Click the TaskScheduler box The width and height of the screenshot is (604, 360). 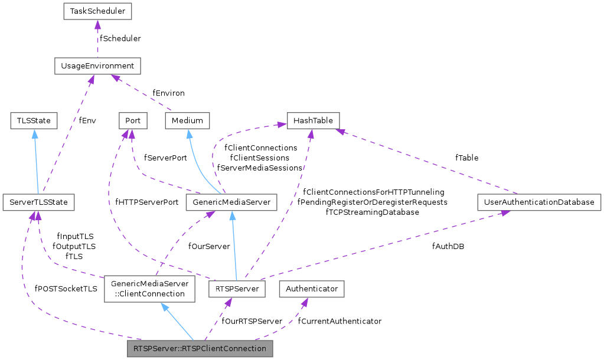click(98, 11)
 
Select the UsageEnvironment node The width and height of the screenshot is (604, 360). click(97, 66)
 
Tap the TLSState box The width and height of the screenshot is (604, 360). click(34, 120)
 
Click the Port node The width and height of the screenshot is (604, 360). click(133, 120)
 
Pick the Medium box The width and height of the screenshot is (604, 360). click(187, 120)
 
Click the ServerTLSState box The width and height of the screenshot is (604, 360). click(38, 202)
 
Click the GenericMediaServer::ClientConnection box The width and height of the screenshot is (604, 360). click(149, 289)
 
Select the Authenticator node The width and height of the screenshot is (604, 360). click(312, 289)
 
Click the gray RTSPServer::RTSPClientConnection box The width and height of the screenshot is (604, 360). click(200, 349)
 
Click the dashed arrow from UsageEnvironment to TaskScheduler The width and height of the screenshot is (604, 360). click(98, 38)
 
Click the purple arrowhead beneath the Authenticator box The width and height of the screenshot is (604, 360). click(304, 302)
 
